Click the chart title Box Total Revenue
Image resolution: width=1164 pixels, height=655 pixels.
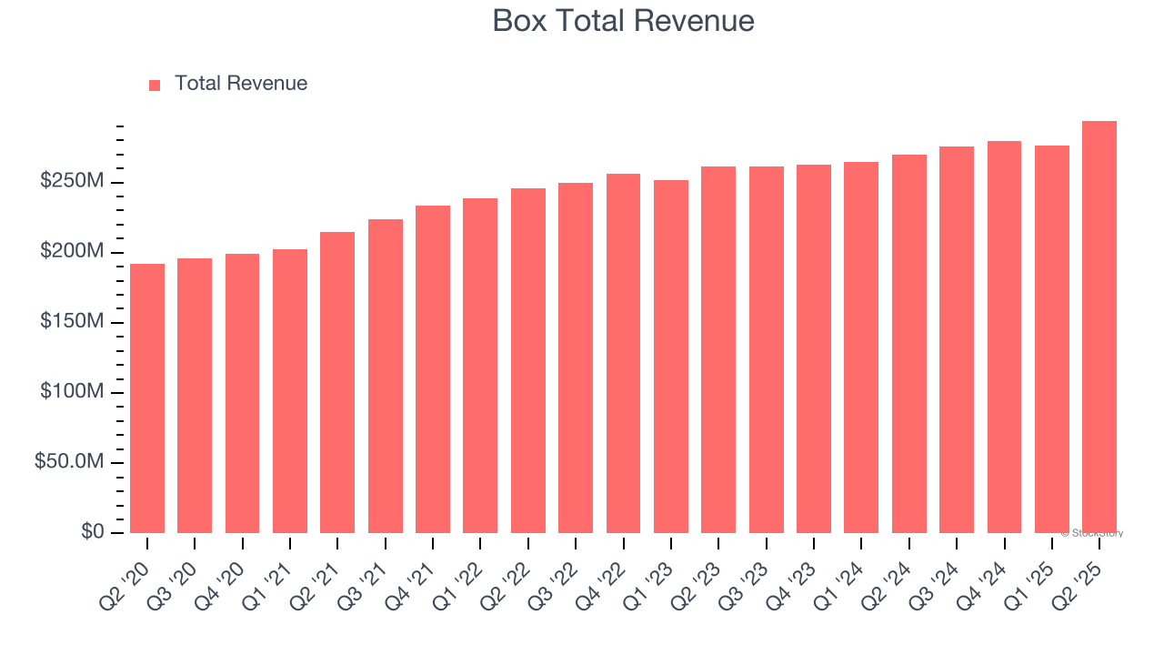(x=623, y=21)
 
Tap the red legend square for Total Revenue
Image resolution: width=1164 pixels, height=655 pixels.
(x=155, y=85)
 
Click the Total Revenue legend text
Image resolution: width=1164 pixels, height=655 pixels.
(x=241, y=84)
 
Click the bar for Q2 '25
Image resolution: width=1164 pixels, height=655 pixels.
(x=1099, y=327)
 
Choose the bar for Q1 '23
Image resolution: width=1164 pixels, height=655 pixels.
(x=671, y=357)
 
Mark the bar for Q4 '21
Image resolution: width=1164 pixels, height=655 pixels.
(x=433, y=369)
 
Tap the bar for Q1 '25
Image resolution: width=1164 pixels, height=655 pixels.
(x=1052, y=339)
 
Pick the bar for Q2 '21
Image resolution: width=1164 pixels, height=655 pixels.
(x=337, y=382)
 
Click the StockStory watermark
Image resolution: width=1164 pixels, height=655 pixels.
(x=1092, y=533)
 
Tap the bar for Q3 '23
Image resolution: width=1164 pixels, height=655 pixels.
(x=767, y=350)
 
